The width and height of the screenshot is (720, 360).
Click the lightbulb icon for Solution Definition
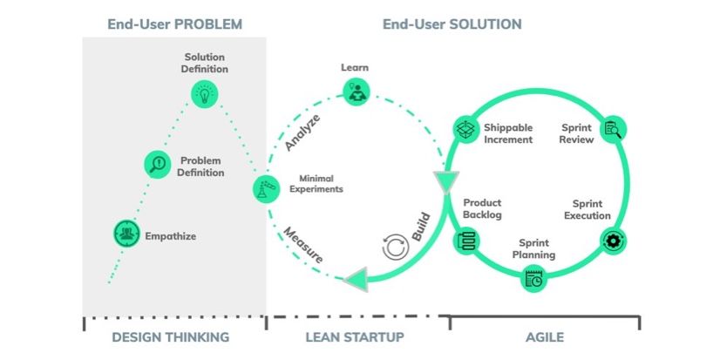click(204, 95)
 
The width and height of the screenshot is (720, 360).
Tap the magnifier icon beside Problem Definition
click(158, 165)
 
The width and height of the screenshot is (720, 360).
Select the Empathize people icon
click(126, 234)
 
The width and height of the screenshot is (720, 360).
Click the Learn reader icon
click(357, 92)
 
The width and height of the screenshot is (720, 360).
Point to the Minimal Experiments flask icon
click(267, 189)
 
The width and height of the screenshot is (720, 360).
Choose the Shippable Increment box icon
click(467, 130)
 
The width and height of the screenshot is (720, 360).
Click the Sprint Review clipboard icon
click(613, 130)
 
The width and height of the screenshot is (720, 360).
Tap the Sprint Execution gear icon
click(614, 241)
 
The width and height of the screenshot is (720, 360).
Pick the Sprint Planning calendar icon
click(534, 278)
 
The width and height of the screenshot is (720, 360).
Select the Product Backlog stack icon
click(466, 241)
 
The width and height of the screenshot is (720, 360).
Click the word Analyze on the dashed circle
click(302, 132)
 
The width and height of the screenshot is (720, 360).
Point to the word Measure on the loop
click(302, 245)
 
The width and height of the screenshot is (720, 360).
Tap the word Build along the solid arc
click(421, 227)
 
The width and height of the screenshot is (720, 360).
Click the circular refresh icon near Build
click(396, 247)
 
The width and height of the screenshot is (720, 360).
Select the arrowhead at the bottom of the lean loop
click(356, 279)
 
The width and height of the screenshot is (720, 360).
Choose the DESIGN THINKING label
click(171, 337)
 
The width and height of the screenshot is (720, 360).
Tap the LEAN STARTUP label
click(355, 337)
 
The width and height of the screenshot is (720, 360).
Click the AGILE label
click(545, 337)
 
